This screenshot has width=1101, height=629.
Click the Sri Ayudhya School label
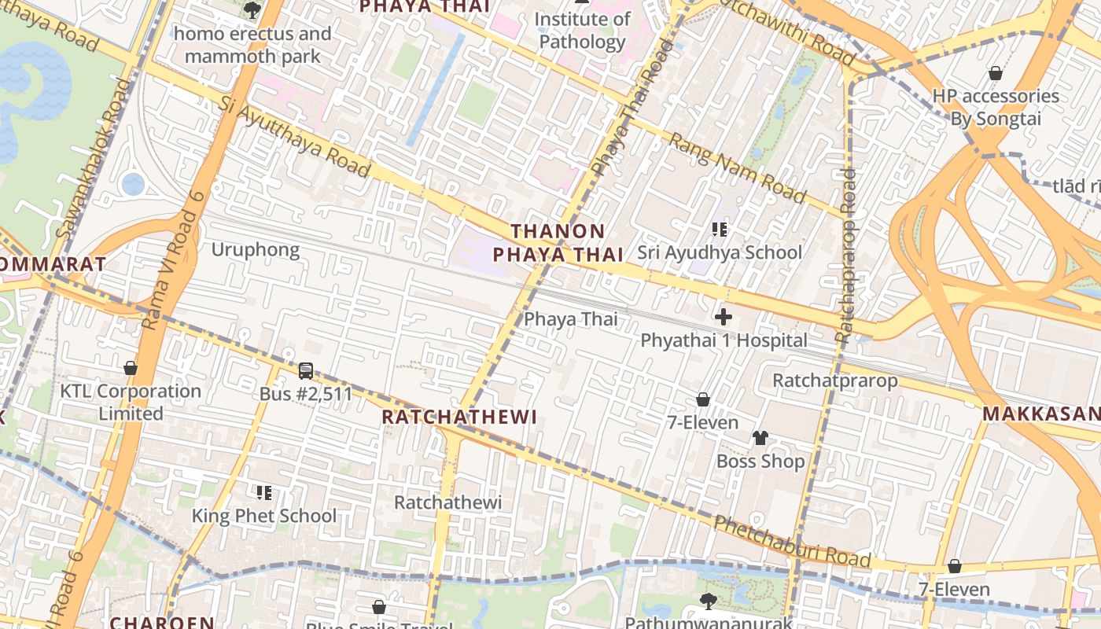click(x=720, y=252)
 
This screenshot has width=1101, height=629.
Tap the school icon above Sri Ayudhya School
click(x=719, y=230)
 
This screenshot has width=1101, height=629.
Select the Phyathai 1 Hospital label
click(x=724, y=340)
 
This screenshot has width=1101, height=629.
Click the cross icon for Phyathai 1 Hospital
click(x=723, y=317)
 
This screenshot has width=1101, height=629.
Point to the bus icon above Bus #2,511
click(x=306, y=370)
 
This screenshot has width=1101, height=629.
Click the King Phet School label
click(x=264, y=516)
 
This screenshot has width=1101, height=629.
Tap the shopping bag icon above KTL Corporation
click(x=131, y=368)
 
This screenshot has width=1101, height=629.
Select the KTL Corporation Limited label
click(x=131, y=402)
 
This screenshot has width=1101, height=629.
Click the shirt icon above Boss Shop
click(x=760, y=438)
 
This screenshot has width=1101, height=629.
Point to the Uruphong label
click(x=255, y=250)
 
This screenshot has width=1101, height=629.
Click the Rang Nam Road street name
click(x=737, y=167)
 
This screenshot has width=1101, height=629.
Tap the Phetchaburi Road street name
click(x=792, y=542)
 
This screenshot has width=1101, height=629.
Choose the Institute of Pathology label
click(x=582, y=30)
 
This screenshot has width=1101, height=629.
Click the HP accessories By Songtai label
click(x=995, y=107)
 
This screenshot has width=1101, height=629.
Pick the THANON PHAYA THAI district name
click(x=558, y=242)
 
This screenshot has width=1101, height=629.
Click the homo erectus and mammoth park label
click(x=252, y=45)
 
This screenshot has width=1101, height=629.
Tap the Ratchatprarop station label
click(x=834, y=381)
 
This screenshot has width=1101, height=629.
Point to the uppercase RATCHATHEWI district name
click(x=459, y=417)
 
